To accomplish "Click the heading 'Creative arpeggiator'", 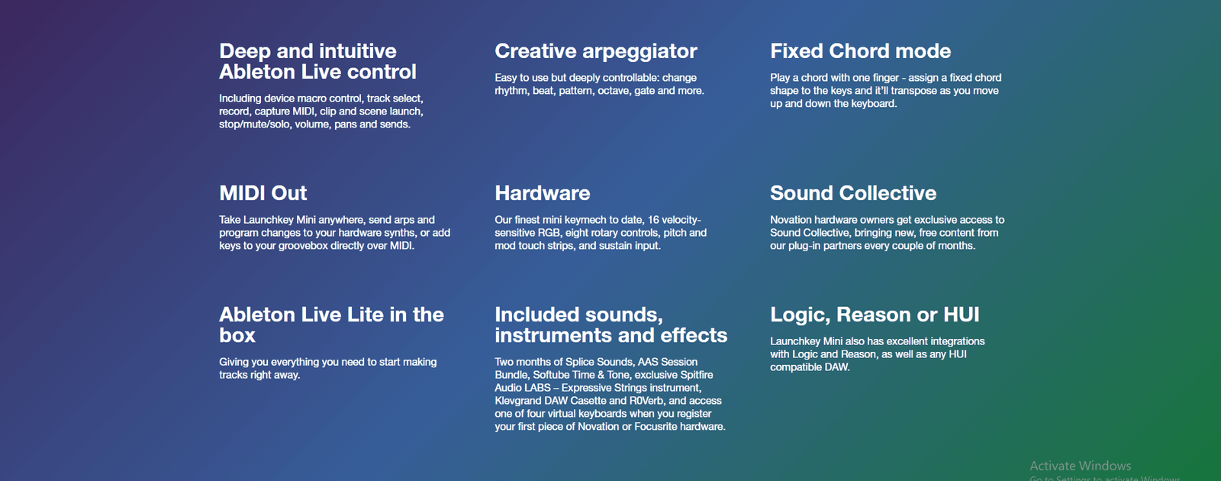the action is (x=596, y=51).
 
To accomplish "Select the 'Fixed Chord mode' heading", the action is (x=860, y=51).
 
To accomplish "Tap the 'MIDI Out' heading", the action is (x=263, y=193).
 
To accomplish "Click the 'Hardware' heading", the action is (x=543, y=193).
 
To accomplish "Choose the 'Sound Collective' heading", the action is (x=853, y=193).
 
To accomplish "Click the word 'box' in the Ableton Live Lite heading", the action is (x=237, y=335).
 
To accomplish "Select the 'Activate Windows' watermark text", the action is (x=1080, y=466).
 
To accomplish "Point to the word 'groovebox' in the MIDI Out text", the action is (x=304, y=246).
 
